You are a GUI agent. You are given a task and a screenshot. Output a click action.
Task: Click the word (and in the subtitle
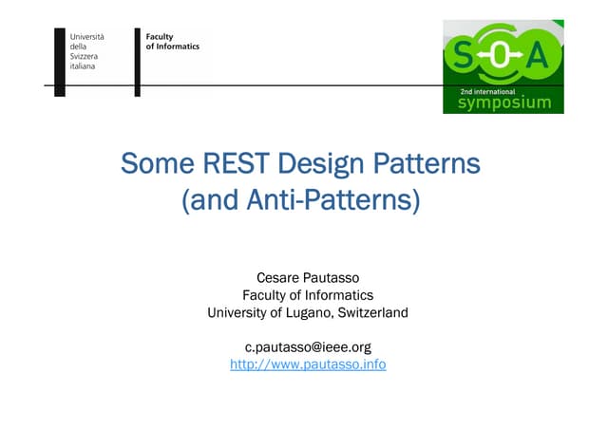[210, 201]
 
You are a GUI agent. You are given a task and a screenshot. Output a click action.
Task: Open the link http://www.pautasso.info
[308, 364]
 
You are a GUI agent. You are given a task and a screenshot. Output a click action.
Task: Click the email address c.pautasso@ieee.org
[308, 347]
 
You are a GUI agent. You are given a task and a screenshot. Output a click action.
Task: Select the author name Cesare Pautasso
[308, 277]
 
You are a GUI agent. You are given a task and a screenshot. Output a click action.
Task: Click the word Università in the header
[86, 36]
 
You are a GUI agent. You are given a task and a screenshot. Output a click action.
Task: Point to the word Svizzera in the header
[85, 56]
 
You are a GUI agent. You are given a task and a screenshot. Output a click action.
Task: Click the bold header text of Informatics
[172, 47]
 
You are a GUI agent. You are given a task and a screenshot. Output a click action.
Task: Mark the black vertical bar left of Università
[60, 60]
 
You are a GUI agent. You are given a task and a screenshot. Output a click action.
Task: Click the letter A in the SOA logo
[538, 57]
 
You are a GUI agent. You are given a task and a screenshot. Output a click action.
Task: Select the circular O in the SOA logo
[500, 57]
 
